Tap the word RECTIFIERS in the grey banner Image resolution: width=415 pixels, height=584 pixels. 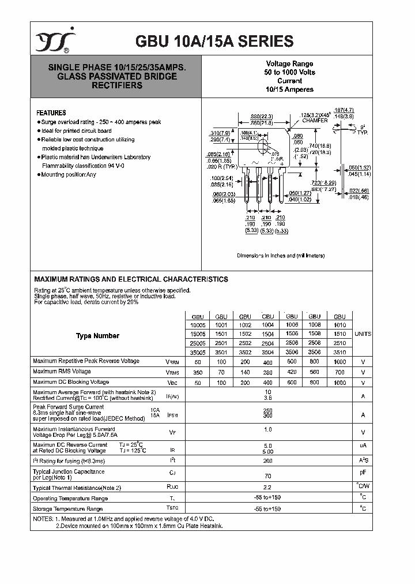pos(117,85)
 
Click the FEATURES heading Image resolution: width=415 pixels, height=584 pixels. pos(51,113)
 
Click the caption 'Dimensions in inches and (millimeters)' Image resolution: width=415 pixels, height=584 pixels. pos(281,255)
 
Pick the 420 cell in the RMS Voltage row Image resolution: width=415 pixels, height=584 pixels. pos(292,372)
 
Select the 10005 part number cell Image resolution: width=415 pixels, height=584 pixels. pos(198,325)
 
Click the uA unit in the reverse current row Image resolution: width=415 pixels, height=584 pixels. pos(363,446)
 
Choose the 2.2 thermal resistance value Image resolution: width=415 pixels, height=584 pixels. pos(267,486)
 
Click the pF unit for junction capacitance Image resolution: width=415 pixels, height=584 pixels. pos(363,472)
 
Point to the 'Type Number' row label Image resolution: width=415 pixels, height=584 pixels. pos(97,336)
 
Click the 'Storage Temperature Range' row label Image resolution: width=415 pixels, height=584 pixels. pos(68,508)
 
